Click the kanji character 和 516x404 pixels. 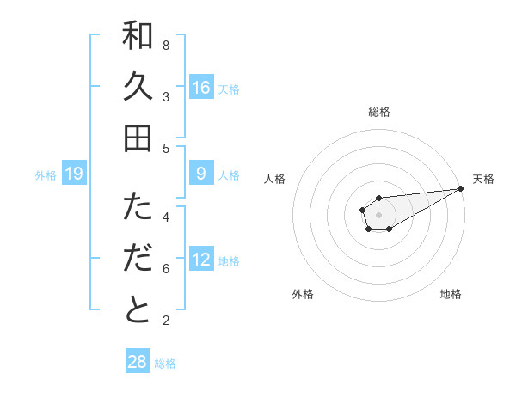[138, 36]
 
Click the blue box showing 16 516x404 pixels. [201, 87]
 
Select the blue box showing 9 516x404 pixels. [201, 174]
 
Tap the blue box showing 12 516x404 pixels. [201, 260]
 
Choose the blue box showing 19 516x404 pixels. [74, 174]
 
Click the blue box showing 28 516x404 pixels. [138, 362]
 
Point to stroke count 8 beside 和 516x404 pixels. [166, 45]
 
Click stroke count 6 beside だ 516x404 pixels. [166, 269]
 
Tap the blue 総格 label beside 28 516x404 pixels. [165, 364]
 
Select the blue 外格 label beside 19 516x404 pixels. [46, 175]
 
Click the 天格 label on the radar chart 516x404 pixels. [484, 179]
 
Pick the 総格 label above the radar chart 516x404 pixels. [379, 112]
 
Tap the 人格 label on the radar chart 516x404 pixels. [274, 179]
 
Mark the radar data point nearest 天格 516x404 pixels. [460, 189]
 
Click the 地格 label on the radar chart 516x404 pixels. [451, 294]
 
